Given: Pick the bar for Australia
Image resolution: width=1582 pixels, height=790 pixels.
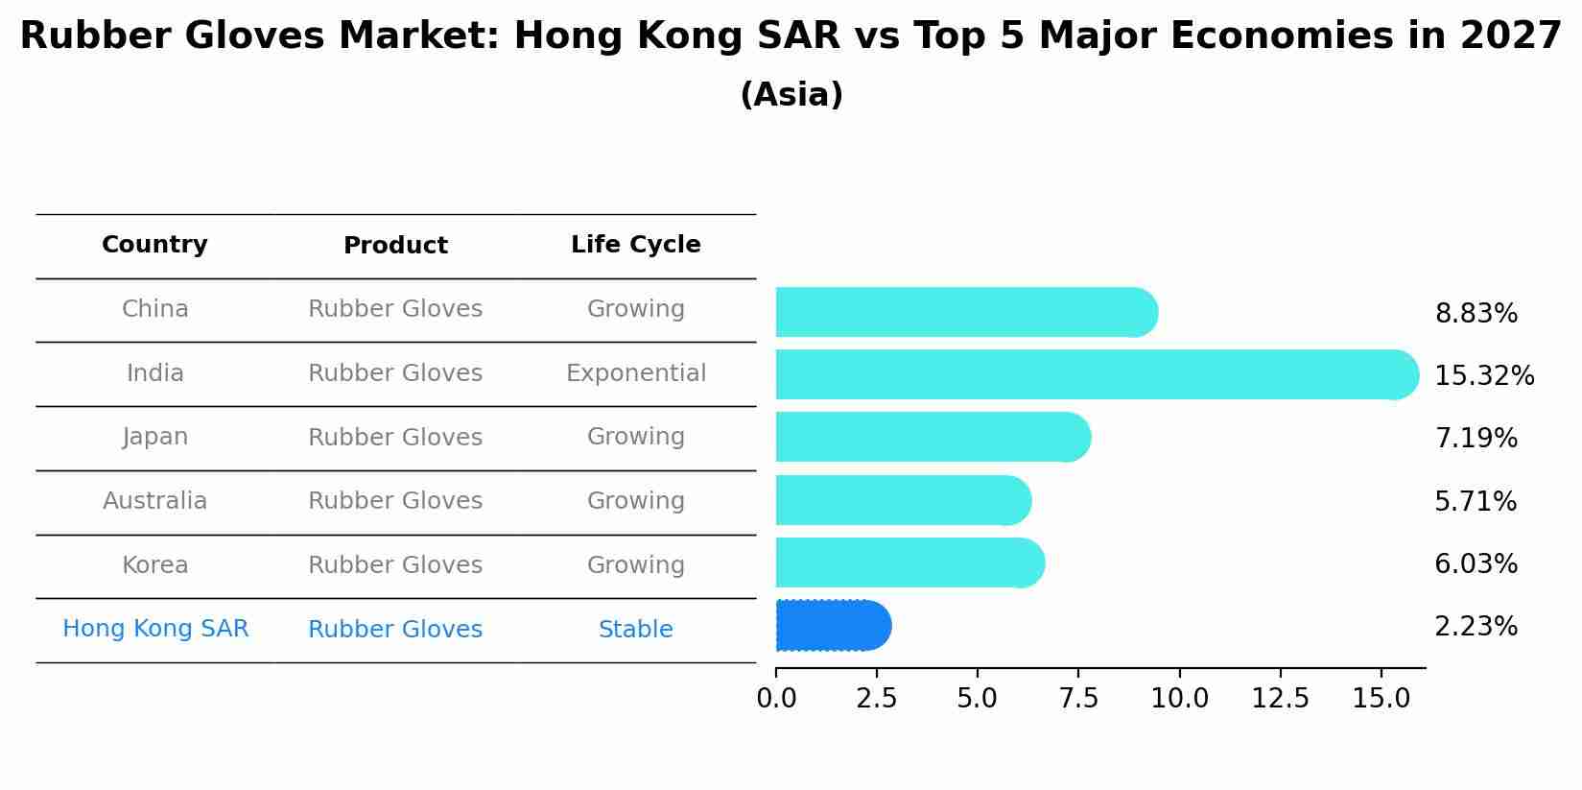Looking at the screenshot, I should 903,500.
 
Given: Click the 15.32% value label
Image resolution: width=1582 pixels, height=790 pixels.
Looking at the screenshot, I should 1483,376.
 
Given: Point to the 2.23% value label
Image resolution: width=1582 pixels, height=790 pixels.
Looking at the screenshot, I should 1476,627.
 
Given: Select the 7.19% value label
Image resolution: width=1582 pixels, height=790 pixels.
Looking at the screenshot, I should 1476,439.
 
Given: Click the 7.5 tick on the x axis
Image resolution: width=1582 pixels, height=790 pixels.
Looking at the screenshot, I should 1078,699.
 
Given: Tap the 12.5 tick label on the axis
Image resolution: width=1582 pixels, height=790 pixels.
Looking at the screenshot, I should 1280,699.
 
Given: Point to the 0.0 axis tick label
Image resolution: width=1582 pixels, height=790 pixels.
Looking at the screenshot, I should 776,699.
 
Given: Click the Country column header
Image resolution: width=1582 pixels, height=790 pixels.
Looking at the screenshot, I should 154,245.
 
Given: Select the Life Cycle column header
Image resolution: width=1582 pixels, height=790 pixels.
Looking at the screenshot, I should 635,245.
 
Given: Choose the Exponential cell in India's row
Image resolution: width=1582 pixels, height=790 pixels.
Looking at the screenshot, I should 635,373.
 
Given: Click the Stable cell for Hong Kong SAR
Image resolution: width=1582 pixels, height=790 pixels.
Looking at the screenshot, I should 635,630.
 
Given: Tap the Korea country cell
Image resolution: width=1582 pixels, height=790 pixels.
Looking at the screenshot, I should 154,565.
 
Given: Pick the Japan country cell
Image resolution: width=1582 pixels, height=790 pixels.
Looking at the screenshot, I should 154,437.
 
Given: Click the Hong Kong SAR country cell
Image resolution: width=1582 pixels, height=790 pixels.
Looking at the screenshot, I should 154,629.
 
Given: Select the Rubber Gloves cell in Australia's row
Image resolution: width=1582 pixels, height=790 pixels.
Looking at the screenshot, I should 395,501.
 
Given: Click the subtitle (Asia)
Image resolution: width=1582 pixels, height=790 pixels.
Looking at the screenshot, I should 791,95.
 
